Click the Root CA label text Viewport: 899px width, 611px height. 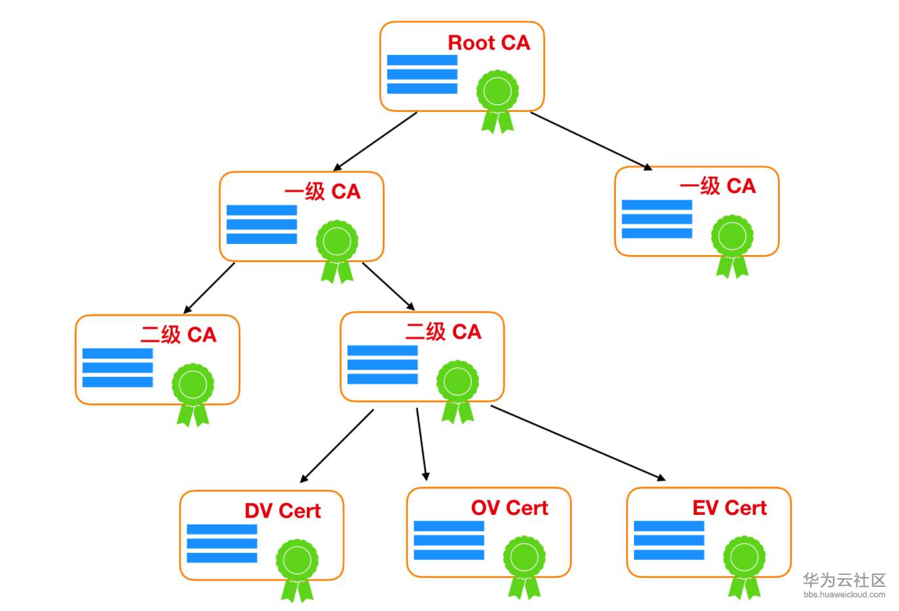pos(489,43)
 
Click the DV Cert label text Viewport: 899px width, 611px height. pos(283,511)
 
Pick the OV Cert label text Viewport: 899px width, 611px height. pos(509,508)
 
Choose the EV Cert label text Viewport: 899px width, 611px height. pos(729,508)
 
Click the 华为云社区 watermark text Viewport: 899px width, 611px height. pos(844,580)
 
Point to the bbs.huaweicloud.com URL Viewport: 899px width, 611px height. pos(844,595)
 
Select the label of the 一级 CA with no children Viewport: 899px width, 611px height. pos(717,186)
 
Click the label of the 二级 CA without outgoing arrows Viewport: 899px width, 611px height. pos(178,335)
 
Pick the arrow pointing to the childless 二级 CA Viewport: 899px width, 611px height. pos(209,288)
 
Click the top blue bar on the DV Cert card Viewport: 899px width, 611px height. pos(222,529)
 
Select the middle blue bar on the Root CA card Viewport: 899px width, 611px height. pos(422,74)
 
